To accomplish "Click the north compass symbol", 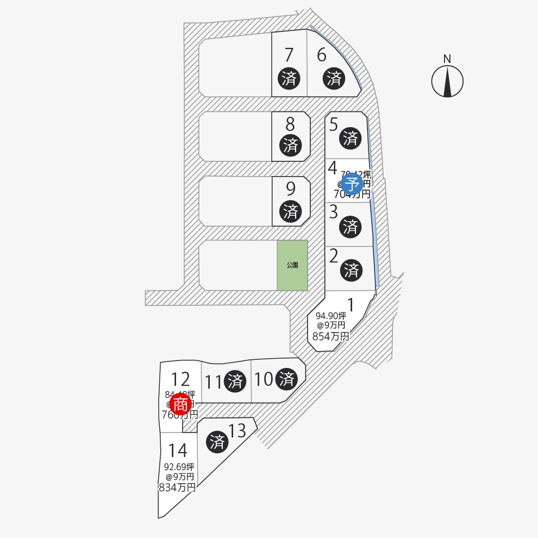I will pos(447,82).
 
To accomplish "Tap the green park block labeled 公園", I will pos(292,265).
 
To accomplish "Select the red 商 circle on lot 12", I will pos(180,404).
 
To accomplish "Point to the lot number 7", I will pos(289,55).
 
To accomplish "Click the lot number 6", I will pos(322,55).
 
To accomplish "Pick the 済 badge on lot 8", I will pos(290,145).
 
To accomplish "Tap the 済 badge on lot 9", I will pos(290,210).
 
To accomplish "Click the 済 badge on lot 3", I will pos(351,226).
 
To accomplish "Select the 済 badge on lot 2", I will pos(351,269).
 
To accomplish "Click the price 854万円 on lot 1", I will pos(330,336).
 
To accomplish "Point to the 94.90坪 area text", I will pos(331,315).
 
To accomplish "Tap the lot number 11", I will pos(214,382).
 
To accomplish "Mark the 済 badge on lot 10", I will pos(286,379).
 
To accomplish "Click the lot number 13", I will pos(237,431).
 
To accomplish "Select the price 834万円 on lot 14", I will pos(177,487).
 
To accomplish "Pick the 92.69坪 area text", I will pos(179,466).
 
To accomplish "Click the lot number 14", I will pos(178,451).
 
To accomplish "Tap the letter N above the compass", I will pos(447,59).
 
